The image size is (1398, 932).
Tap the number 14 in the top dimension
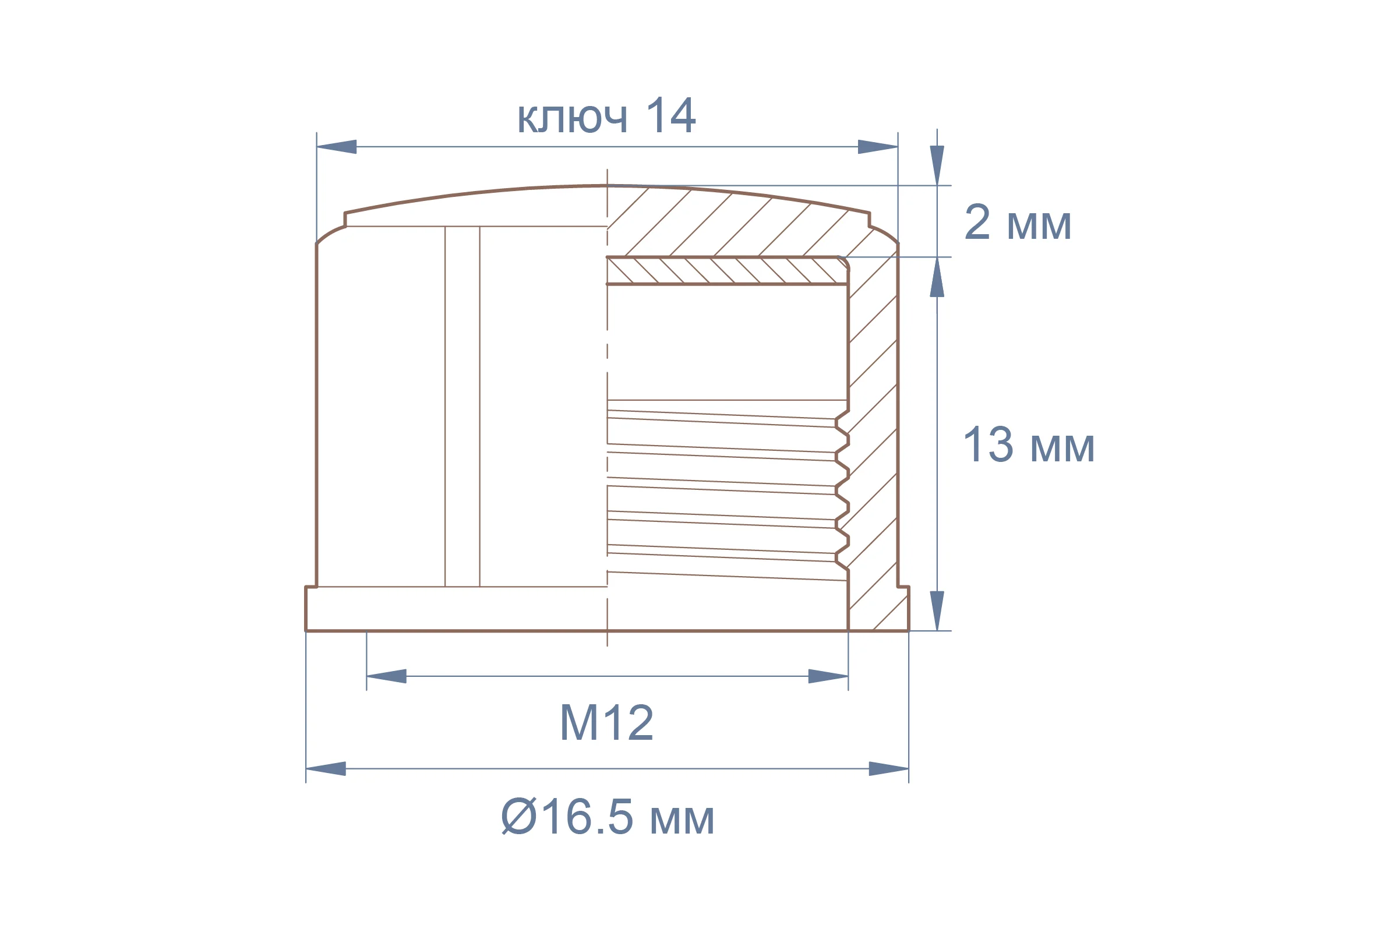670,115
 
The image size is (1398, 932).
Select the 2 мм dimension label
1018,223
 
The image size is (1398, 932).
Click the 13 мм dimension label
1028,444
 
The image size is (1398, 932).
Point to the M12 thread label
606,722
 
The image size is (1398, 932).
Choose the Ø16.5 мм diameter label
607,817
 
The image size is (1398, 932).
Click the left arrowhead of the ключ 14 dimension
337,147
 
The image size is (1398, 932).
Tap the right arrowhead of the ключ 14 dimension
877,147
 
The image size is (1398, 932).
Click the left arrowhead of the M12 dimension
386,676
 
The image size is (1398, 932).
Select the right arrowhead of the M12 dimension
828,676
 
